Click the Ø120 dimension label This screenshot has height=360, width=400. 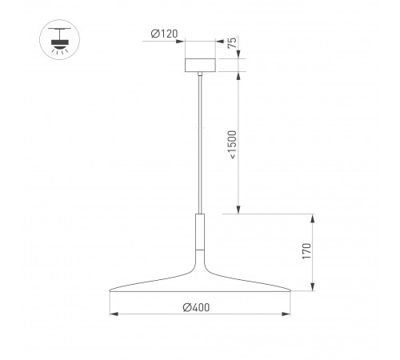[164, 34]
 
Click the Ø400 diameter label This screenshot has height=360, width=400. [198, 307]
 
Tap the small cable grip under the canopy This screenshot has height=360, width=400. [200, 74]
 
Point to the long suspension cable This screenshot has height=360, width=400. [200, 144]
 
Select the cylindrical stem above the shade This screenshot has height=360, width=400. [200, 231]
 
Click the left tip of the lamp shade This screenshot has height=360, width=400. [110, 289]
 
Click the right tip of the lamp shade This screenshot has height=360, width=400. [290, 289]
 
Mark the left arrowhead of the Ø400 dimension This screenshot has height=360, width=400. [112, 314]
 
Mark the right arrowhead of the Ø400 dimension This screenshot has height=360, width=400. [287, 314]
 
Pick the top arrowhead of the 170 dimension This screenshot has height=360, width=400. [314, 217]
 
